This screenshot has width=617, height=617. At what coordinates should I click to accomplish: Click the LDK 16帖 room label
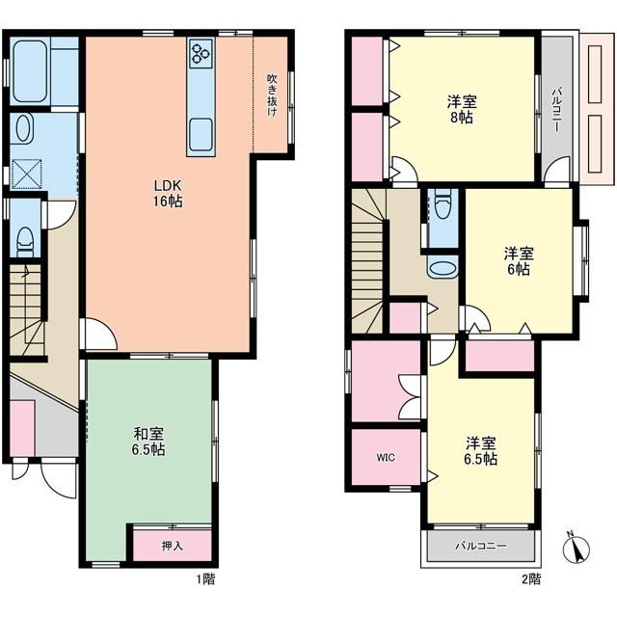click(168, 193)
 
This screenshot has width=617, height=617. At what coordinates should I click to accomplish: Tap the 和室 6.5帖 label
click(148, 442)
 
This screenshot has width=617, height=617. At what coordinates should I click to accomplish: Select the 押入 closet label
click(173, 546)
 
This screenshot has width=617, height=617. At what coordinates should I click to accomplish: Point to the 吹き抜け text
click(272, 95)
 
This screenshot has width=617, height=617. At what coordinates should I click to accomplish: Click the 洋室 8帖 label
click(462, 110)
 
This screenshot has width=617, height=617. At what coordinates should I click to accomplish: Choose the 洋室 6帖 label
click(519, 261)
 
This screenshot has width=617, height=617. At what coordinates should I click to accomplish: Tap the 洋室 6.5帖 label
click(481, 451)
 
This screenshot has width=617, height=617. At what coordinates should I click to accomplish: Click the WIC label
click(386, 457)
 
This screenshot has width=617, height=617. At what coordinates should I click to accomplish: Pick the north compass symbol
click(577, 549)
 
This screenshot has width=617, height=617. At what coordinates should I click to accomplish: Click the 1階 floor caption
click(205, 578)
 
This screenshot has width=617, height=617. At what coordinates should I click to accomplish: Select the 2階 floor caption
click(531, 578)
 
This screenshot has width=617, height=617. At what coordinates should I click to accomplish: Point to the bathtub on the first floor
click(30, 71)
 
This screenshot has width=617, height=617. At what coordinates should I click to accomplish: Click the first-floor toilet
click(26, 242)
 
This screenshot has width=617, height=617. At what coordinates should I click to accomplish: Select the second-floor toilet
click(443, 205)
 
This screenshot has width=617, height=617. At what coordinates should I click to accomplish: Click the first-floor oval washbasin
click(24, 127)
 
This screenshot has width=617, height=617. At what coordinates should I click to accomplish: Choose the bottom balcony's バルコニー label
click(481, 546)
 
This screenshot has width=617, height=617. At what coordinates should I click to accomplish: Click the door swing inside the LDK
click(100, 334)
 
